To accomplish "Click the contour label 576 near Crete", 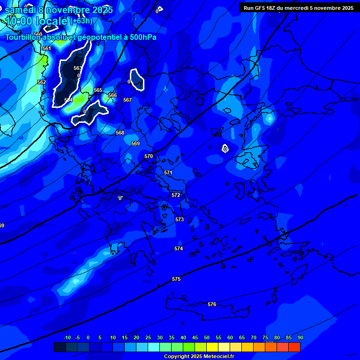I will (x=212, y=304).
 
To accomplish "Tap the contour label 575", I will (x=176, y=279).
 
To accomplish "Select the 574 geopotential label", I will (x=179, y=248).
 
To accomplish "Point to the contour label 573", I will (x=180, y=219).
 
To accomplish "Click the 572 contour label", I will (x=176, y=195).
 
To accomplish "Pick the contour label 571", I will (x=168, y=172).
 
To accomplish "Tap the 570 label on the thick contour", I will (x=149, y=156).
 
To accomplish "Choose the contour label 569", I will (x=135, y=143).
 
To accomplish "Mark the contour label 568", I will (x=120, y=133).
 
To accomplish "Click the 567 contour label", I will (x=127, y=100).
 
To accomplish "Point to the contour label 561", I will (x=46, y=48).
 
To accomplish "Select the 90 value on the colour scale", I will (x=300, y=337).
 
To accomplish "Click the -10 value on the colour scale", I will (x=67, y=337).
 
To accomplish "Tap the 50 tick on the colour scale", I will (x=207, y=337).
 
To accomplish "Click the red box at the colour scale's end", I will (x=294, y=347).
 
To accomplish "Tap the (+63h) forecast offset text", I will (x=81, y=21).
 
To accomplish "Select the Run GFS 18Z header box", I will (x=298, y=8).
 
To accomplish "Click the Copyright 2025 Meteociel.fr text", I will (x=199, y=356).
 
